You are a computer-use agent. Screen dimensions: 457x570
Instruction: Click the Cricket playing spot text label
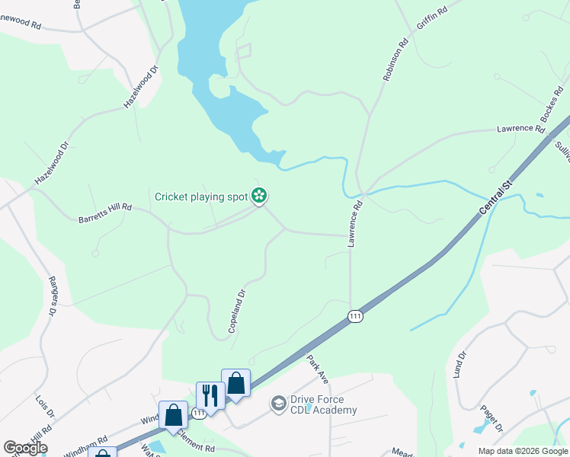point(201,197)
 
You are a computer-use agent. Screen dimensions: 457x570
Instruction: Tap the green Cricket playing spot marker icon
point(259,197)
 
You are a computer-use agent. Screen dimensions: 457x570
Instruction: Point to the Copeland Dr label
point(238,309)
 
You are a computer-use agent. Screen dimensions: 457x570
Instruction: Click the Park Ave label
point(317,368)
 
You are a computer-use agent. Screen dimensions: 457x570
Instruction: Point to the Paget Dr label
point(489,418)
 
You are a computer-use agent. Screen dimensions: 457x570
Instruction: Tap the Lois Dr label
point(45,407)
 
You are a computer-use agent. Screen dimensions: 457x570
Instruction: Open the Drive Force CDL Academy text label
point(323,405)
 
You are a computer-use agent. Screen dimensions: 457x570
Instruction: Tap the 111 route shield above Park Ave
point(355,316)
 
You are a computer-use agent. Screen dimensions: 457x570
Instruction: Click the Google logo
point(25,448)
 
